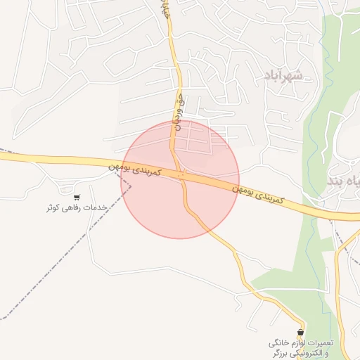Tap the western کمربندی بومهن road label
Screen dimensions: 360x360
click(x=136, y=170)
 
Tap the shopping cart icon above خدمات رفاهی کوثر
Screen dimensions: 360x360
click(x=76, y=198)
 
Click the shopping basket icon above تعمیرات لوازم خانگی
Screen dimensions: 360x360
click(x=301, y=332)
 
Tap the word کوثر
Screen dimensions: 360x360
click(x=53, y=207)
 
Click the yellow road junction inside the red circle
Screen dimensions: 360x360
click(x=181, y=172)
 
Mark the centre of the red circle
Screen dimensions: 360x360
click(x=181, y=179)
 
